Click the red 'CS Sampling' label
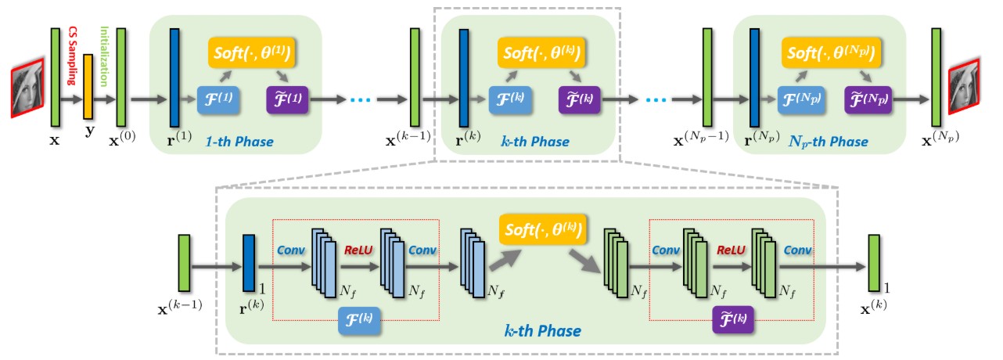click(x=72, y=56)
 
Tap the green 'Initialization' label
click(x=104, y=56)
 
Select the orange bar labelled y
click(x=88, y=86)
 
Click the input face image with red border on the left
click(x=27, y=88)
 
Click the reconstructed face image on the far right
click(x=964, y=86)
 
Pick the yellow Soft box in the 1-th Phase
click(x=252, y=53)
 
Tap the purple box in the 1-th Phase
click(x=287, y=99)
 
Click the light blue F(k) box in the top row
click(x=510, y=99)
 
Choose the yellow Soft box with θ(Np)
click(x=831, y=53)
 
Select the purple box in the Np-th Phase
click(x=868, y=99)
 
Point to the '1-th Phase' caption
click(x=239, y=142)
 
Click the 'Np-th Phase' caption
click(x=828, y=142)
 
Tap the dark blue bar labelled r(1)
click(x=174, y=77)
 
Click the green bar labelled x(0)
click(x=121, y=77)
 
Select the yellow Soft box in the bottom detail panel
click(x=543, y=229)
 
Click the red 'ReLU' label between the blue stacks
click(x=358, y=250)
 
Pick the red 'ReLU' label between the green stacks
click(x=731, y=250)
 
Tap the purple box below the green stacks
click(x=733, y=320)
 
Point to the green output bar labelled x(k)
click(x=874, y=263)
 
